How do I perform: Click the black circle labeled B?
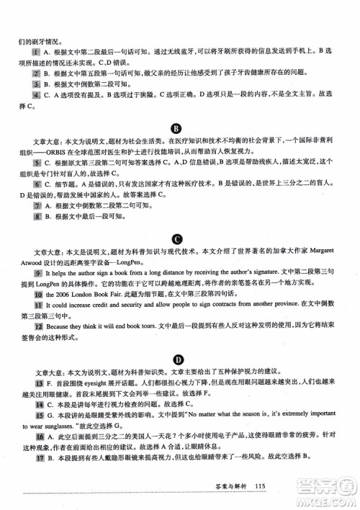176,129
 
